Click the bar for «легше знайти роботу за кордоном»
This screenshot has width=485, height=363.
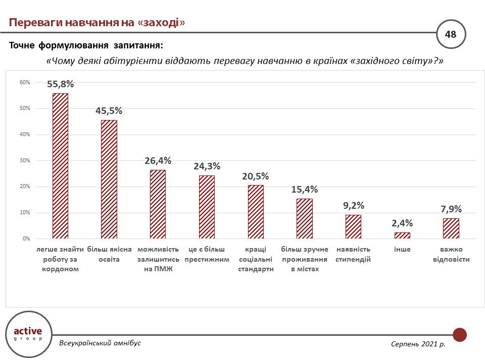click(60, 166)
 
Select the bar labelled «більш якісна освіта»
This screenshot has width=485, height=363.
click(109, 179)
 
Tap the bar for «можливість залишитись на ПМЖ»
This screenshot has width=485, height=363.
click(158, 204)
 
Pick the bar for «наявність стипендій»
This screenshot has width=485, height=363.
click(353, 226)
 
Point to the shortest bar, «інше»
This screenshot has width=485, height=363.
click(402, 235)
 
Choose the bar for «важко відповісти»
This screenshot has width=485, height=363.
click(451, 228)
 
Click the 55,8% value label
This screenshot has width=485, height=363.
click(60, 84)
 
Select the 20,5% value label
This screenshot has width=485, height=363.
click(256, 176)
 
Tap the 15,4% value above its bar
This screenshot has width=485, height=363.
click(305, 190)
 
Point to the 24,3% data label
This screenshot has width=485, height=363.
click(207, 166)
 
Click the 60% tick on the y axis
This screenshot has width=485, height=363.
click(25, 82)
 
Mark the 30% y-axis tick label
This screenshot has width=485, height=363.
click(25, 160)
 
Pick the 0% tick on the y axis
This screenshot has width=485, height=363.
click(26, 238)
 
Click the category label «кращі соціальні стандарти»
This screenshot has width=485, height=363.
click(256, 259)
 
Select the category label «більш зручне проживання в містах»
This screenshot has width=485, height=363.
click(305, 259)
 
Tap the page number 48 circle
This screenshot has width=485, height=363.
click(450, 34)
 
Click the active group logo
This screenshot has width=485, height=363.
click(28, 333)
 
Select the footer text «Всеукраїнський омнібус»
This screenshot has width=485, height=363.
click(100, 343)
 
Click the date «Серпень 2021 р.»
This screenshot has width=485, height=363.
click(418, 343)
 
